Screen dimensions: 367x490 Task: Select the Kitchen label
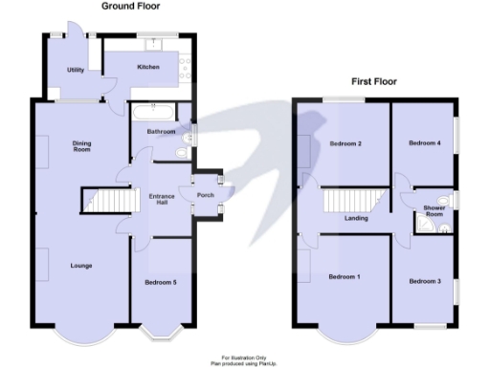coord(147,67)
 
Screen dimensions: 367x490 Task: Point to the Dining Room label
coord(82,146)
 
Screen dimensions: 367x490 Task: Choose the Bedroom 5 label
coord(160,282)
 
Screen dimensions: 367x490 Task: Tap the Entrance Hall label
coord(160,199)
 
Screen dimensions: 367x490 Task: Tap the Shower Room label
coord(434,212)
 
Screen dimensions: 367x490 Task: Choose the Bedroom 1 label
coord(345,277)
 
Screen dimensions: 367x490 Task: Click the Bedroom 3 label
coord(424,281)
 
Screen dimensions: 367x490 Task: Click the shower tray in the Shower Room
coord(425,224)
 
